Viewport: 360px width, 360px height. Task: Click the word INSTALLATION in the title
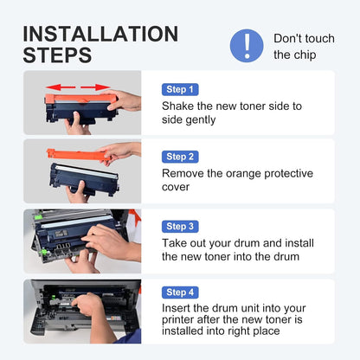point(100,34)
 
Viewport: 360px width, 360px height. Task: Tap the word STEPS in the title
point(57,55)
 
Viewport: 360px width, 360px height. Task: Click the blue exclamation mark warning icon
point(247,46)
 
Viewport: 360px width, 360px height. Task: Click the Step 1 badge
point(180,89)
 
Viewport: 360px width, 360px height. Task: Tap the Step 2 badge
point(180,157)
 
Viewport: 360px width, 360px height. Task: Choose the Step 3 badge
point(180,227)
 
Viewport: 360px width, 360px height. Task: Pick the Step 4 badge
point(180,292)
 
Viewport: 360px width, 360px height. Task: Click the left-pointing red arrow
point(61,87)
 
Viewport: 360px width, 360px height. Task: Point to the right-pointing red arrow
point(95,87)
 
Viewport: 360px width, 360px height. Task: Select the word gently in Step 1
point(202,120)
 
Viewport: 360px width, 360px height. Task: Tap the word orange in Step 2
point(243,174)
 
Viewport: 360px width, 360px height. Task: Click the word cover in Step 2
point(176,187)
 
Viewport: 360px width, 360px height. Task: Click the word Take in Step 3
point(175,243)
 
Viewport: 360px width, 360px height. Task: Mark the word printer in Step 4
point(177,320)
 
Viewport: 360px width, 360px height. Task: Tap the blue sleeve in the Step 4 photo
point(129,337)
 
